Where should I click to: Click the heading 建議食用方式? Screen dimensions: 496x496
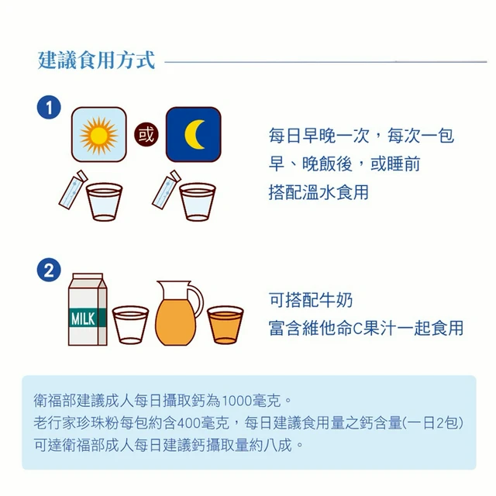[x=96, y=60]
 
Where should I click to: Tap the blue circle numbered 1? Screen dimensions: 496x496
[x=49, y=108]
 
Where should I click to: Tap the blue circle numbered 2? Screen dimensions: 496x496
[x=49, y=270]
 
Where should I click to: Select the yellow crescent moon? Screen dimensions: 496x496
[x=194, y=134]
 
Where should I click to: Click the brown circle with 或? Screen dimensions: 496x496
[x=146, y=135]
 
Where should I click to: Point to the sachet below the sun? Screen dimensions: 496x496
[x=73, y=189]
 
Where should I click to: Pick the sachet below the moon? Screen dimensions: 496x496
[x=167, y=189]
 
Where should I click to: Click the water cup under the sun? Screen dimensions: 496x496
[x=104, y=201]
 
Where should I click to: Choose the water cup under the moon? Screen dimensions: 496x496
[x=198, y=201]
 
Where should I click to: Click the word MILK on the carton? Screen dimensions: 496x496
[x=83, y=319]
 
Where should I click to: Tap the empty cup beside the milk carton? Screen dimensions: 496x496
[x=130, y=325]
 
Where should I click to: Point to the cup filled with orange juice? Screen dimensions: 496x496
[x=226, y=325]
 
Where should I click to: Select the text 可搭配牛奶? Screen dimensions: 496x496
[x=310, y=300]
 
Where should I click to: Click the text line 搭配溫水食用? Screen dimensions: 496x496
[x=319, y=192]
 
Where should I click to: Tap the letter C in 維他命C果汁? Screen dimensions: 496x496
[x=357, y=329]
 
